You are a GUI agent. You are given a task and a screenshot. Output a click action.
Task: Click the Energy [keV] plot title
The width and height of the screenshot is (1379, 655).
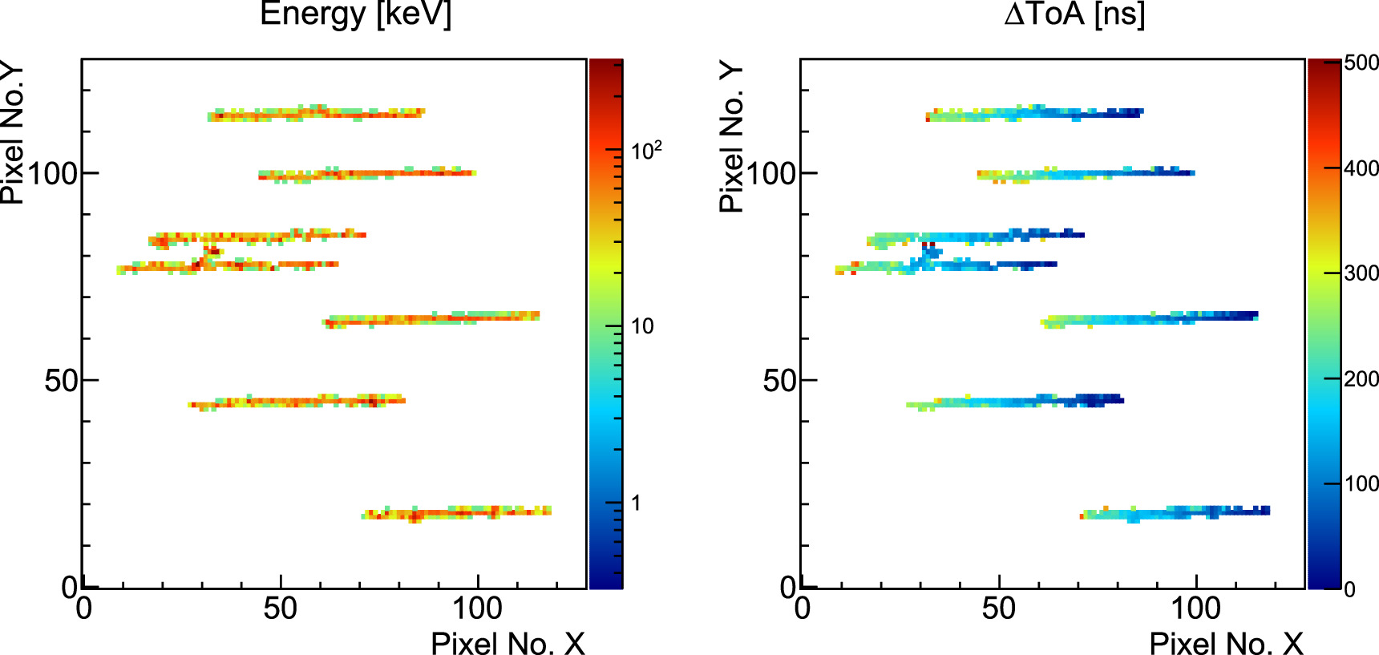coord(356,14)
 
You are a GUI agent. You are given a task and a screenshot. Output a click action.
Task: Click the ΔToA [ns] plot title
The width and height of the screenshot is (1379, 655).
coord(1074,14)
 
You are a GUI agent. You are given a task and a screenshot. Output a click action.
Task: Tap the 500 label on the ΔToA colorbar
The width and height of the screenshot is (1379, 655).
coord(1361,63)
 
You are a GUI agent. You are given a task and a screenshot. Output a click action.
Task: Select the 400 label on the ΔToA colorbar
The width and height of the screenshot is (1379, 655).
coord(1361,168)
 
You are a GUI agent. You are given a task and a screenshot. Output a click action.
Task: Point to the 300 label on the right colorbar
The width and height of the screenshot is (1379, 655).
coord(1361,273)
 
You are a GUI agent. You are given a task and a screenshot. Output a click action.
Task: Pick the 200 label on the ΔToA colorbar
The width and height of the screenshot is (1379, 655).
coord(1361,378)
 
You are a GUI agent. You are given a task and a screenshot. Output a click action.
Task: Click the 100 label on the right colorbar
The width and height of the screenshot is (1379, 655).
coord(1361,483)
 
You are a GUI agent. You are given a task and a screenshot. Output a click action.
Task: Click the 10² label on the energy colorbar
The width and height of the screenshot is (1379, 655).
coord(646,151)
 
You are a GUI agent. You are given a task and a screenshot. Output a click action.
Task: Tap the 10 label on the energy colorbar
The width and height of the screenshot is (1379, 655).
coord(642,326)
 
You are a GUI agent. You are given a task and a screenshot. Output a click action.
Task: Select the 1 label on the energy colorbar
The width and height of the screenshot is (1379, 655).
coord(636,503)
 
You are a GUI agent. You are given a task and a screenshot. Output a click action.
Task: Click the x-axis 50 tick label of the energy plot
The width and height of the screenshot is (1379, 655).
coord(280,609)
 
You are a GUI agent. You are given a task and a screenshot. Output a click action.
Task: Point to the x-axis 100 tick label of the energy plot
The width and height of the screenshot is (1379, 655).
coord(477,609)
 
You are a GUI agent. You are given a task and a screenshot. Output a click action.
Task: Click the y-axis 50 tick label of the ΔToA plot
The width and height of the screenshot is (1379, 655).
coord(778,381)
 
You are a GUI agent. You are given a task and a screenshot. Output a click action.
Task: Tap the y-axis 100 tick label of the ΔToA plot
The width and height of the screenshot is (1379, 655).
coord(770,174)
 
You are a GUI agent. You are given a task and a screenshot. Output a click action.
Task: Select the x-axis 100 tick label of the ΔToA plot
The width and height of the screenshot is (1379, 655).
coord(1195,609)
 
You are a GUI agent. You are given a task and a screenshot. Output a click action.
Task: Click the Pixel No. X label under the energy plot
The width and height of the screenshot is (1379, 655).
coord(508,643)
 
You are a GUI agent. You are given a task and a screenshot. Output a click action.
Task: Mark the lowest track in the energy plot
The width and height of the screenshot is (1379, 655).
coord(457,512)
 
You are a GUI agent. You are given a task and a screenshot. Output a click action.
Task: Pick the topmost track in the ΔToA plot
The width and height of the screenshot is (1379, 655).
coord(1034,114)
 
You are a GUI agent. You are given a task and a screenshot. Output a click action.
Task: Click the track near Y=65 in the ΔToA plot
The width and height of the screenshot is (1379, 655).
coord(1151,318)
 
